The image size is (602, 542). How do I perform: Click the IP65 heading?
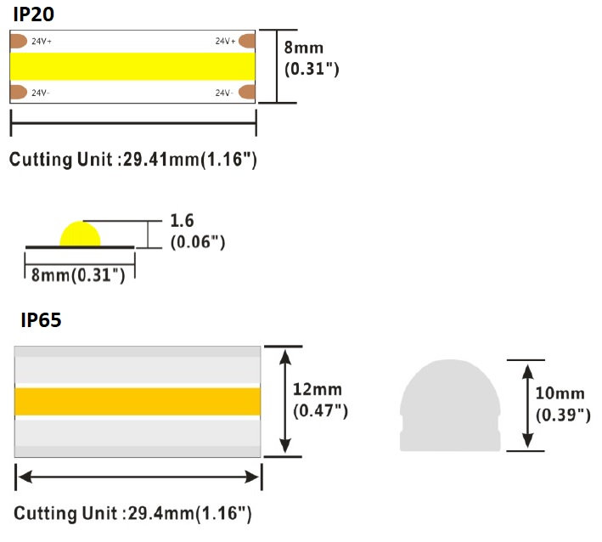pos(41,321)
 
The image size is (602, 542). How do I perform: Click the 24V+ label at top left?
pos(42,41)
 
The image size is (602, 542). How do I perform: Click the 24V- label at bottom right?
pos(224,93)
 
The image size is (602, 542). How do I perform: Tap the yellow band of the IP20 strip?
pos(132,66)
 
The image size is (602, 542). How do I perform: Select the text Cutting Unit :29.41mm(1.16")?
pos(133,159)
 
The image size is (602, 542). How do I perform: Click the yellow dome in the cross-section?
pos(80,234)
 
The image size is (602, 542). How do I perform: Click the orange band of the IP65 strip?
pos(137,401)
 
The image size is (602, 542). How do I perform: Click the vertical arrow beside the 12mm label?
pos(286,401)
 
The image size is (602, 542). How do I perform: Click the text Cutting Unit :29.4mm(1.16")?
pos(132,513)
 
